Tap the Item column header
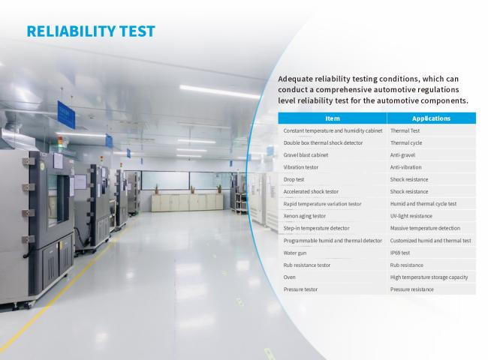tap(333, 118)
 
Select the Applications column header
tap(431, 118)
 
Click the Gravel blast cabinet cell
tap(306, 154)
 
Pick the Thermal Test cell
tap(405, 130)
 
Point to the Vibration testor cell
tap(300, 167)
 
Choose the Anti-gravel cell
tap(402, 154)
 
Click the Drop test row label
tap(294, 179)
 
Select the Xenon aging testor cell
tap(304, 216)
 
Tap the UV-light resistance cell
tap(411, 216)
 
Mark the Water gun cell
tap(295, 253)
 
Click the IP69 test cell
tap(400, 253)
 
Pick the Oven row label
tap(289, 277)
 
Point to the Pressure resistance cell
tap(411, 289)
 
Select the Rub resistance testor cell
tap(306, 265)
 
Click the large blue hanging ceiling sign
tap(66, 114)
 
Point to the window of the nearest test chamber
tap(59, 199)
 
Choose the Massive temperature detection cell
tap(425, 228)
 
